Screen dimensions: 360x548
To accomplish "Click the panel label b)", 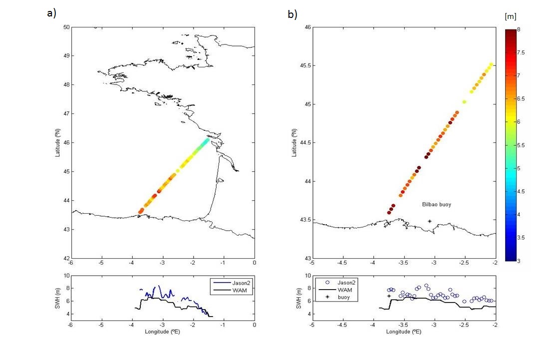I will coord(292,14).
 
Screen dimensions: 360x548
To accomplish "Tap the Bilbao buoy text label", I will coord(437,205).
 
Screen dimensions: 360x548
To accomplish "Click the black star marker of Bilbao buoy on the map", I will coord(430,221).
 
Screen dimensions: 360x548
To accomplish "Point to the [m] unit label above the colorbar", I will coord(510,16).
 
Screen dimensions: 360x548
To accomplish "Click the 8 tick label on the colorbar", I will coord(519,30).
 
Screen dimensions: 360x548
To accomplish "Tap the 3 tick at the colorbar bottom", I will coord(519,260).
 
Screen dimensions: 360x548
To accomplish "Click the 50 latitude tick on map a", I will coord(66,27).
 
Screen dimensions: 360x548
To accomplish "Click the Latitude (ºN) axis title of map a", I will coord(58,143).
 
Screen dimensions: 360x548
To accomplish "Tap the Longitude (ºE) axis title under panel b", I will coord(403,331).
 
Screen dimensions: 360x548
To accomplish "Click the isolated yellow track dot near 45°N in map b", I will coord(464,102).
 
